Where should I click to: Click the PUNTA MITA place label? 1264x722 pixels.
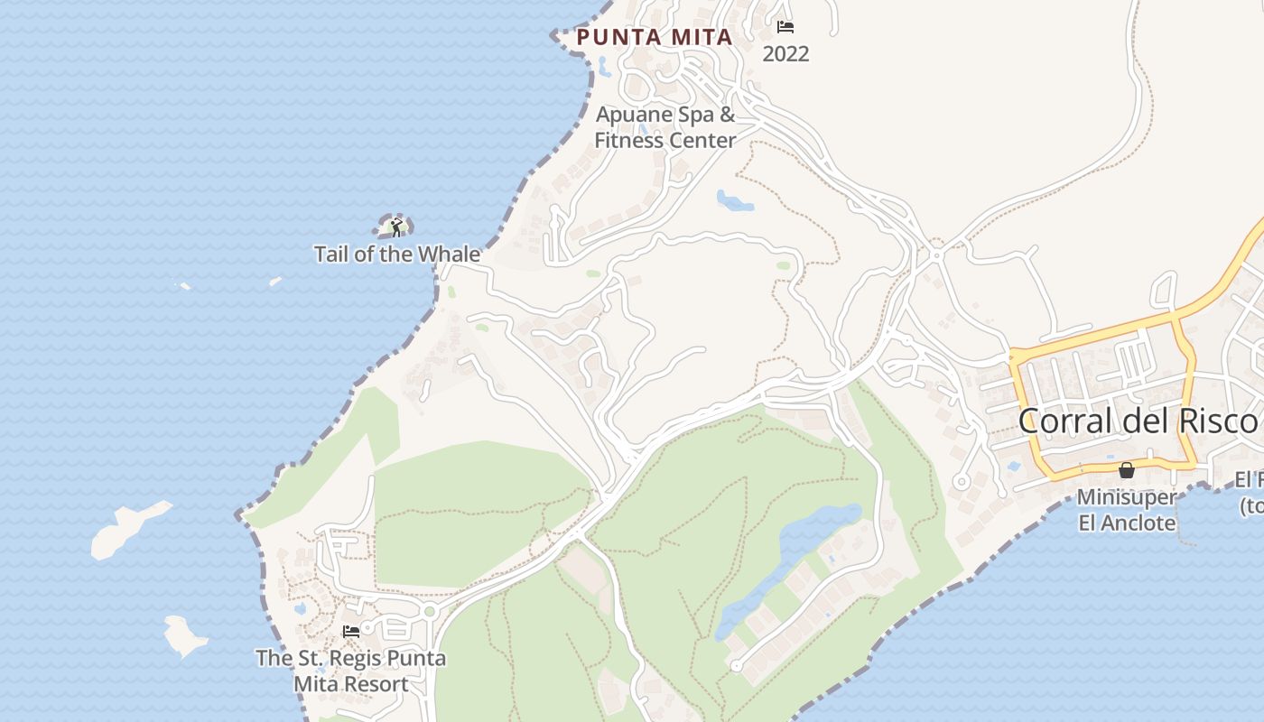tap(654, 37)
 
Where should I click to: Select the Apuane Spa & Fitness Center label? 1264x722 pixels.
tap(665, 127)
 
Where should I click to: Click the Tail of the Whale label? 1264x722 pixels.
tap(396, 255)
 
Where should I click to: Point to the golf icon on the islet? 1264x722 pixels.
tap(395, 227)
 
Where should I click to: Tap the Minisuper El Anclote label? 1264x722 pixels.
tap(1127, 510)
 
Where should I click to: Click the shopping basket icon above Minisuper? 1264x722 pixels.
tap(1126, 470)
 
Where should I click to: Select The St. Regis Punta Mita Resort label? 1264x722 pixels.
tap(350, 671)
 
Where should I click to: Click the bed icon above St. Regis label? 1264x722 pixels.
tap(351, 632)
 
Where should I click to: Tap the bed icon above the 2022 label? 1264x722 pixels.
tap(785, 27)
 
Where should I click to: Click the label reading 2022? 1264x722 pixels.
tap(785, 54)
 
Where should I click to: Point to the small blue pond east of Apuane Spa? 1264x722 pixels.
tap(735, 200)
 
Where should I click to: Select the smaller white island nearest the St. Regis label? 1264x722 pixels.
tap(185, 635)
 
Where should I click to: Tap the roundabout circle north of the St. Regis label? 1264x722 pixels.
tap(430, 612)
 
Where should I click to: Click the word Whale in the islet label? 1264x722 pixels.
tap(449, 255)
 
